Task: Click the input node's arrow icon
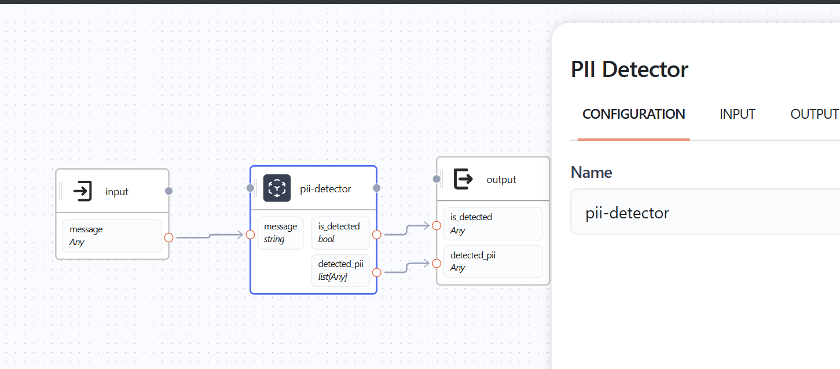click(83, 191)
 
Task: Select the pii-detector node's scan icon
click(277, 188)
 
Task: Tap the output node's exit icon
click(463, 179)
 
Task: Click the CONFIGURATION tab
click(633, 114)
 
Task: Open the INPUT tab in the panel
click(737, 114)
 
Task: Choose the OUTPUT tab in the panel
click(814, 114)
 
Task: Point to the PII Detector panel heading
click(629, 70)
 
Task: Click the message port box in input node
click(112, 236)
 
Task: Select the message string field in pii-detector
click(280, 233)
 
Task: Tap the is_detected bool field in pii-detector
click(340, 233)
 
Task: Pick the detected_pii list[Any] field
click(340, 271)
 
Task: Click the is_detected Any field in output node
click(493, 224)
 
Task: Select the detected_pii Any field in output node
click(493, 261)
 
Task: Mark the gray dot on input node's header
click(168, 191)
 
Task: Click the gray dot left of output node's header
click(437, 179)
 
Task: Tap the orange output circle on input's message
click(168, 237)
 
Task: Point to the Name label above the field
click(591, 172)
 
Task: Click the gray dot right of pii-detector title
click(376, 188)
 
